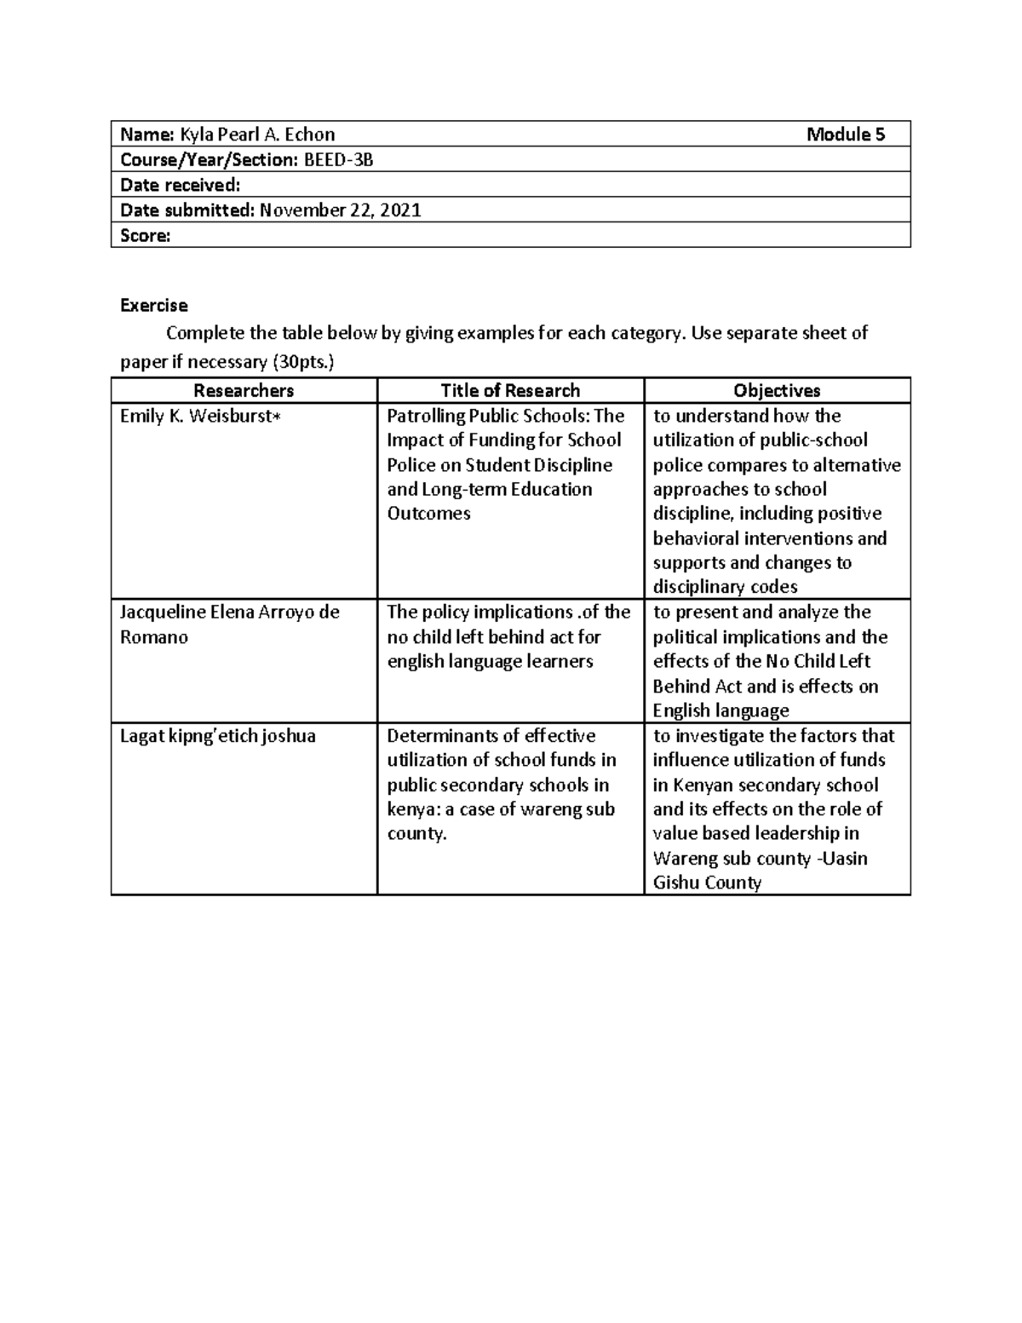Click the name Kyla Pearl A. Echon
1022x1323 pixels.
257,135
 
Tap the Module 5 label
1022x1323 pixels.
846,135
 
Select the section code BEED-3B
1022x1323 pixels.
338,160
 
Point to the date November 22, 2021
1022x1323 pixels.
341,210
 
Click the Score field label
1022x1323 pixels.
145,236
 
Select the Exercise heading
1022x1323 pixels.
153,305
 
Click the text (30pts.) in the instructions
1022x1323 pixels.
303,362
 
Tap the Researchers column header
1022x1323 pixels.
244,391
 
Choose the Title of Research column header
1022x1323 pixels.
510,391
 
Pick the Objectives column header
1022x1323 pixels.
777,391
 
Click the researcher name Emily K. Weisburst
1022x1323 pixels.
195,417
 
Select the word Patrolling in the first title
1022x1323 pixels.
426,417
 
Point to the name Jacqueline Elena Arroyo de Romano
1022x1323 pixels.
229,624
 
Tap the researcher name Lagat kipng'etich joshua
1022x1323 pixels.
217,736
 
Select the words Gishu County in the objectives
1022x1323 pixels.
707,883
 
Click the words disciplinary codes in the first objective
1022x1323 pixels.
725,587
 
